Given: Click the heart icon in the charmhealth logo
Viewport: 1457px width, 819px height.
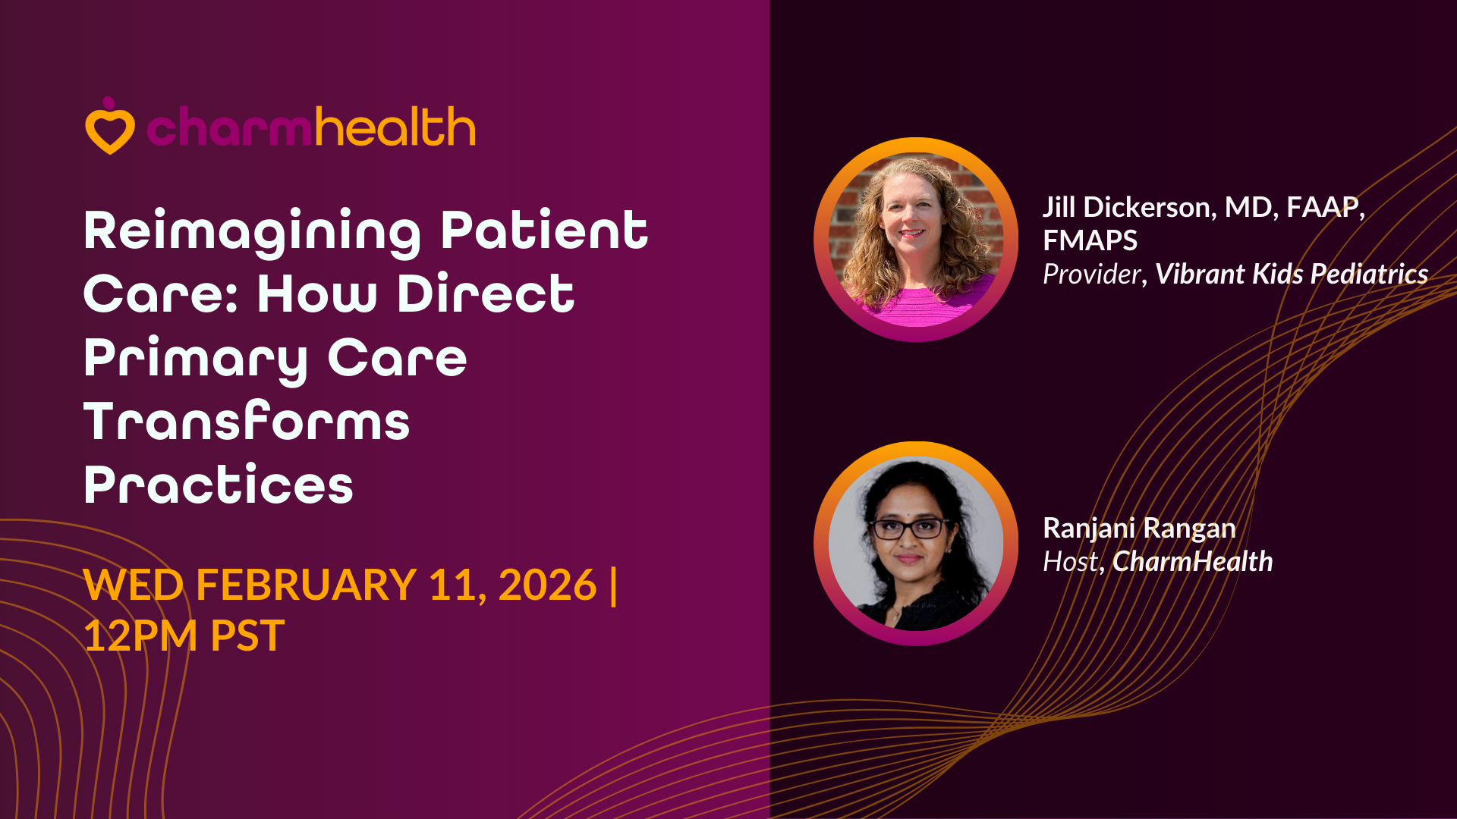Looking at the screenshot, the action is pyautogui.click(x=110, y=127).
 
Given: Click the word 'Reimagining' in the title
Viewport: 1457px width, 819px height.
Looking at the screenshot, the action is pyautogui.click(x=252, y=231).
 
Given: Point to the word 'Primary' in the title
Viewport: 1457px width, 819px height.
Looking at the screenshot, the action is pyautogui.click(x=196, y=359).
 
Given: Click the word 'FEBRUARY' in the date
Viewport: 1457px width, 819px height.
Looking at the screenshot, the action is pyautogui.click(x=306, y=585).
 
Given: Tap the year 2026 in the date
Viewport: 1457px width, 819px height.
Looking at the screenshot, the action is pyautogui.click(x=547, y=585).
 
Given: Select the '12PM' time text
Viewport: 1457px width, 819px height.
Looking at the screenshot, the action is pyautogui.click(x=140, y=635).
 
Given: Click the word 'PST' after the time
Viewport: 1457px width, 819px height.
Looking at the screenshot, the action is pyautogui.click(x=247, y=635).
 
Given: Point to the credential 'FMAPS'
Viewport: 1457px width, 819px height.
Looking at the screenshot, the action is pyautogui.click(x=1090, y=240).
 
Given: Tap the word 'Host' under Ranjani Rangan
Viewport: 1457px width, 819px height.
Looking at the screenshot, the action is pyautogui.click(x=1071, y=561).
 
